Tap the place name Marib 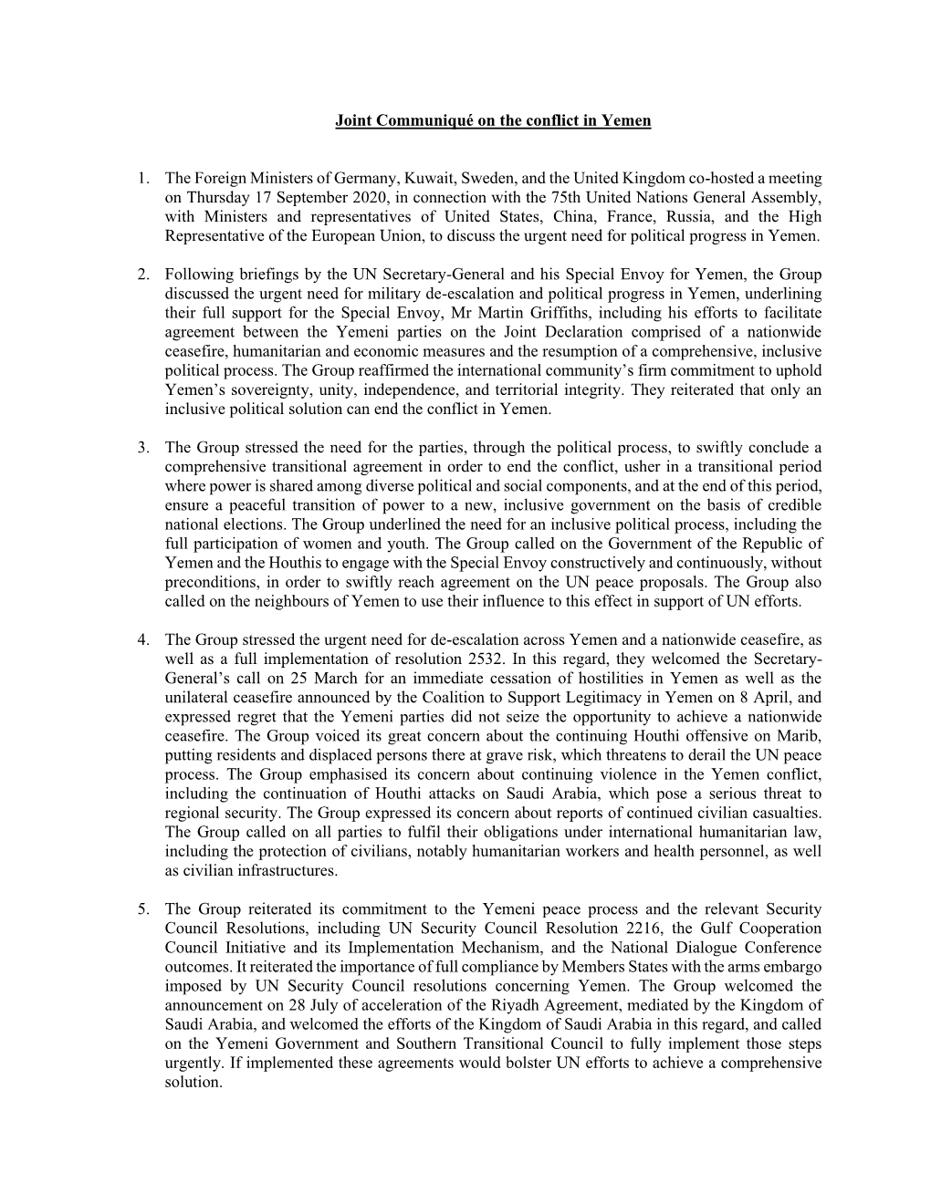800,736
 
